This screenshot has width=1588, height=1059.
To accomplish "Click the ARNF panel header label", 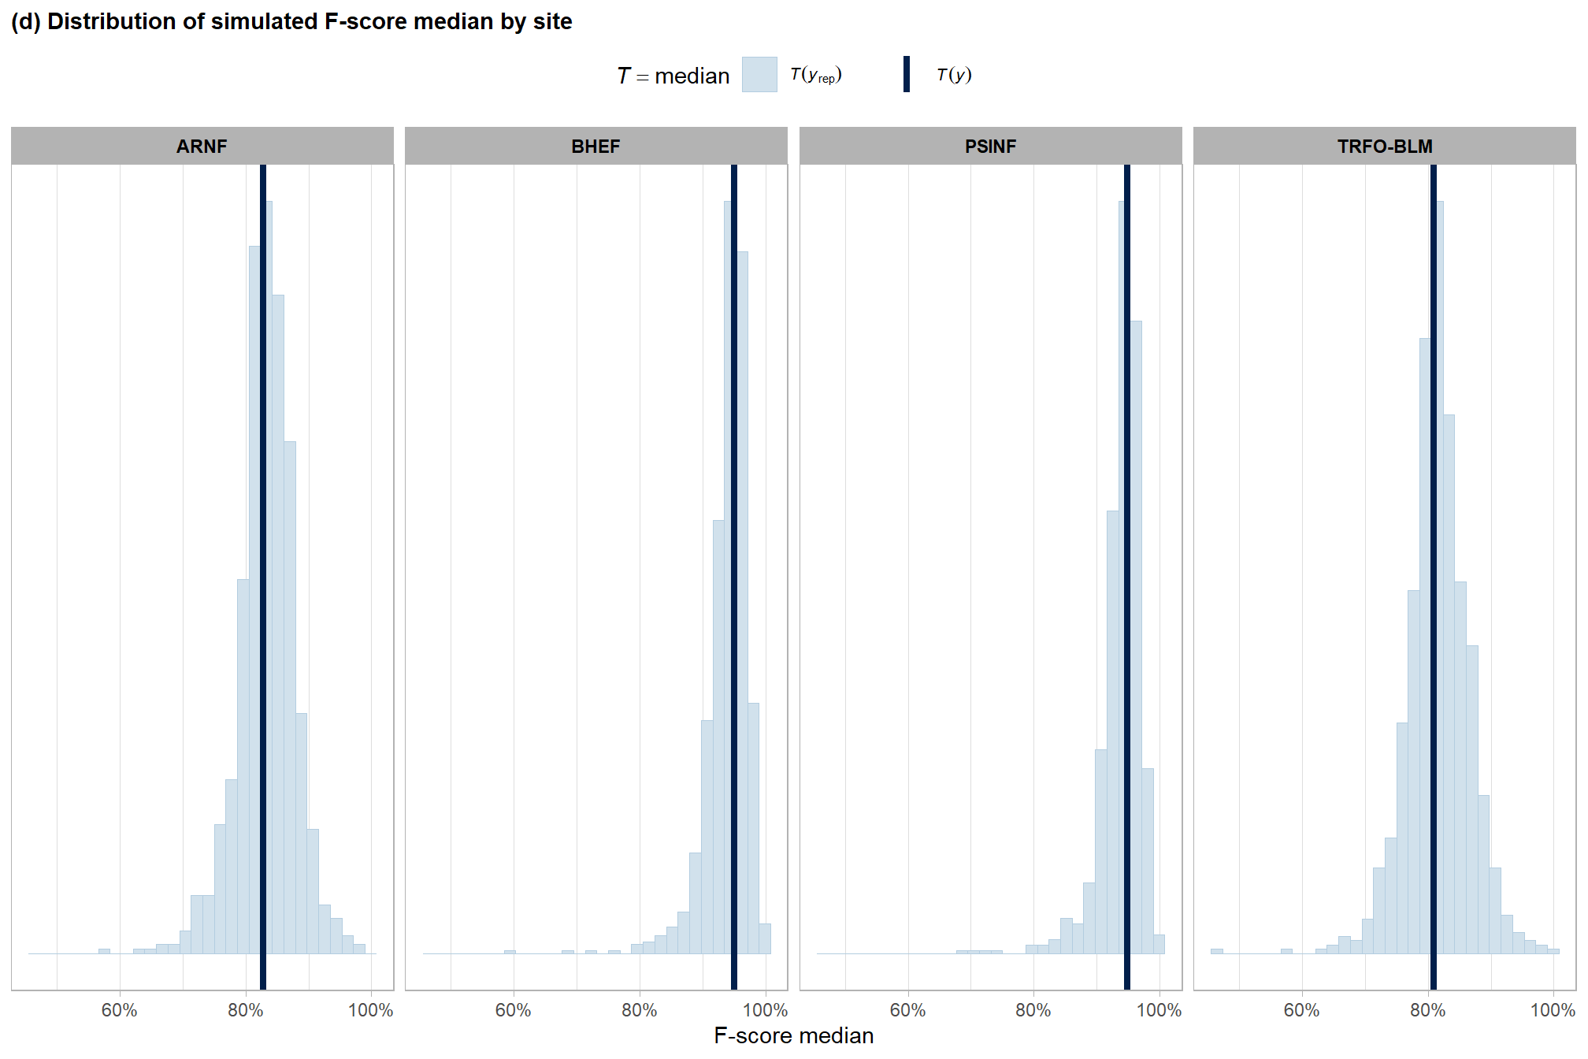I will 202,147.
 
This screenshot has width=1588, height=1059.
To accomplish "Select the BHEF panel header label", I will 595,147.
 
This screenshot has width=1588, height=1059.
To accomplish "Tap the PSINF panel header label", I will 990,147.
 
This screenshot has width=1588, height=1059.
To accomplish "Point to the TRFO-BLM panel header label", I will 1384,147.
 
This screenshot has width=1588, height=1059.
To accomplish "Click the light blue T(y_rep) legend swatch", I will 759,75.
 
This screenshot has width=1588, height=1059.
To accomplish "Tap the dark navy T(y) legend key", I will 907,75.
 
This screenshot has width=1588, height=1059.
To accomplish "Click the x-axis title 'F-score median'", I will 793,1035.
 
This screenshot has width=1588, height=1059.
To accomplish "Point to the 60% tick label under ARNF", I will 119,1010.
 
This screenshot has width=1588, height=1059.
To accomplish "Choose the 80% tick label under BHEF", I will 639,1010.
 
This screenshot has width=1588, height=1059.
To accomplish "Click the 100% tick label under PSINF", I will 1159,1010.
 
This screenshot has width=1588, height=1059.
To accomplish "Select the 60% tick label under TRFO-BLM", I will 1301,1010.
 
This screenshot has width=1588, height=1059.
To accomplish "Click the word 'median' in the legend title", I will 692,76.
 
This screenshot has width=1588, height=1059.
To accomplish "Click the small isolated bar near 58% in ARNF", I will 104,951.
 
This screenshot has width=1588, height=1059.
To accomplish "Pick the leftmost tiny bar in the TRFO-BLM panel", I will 1217,951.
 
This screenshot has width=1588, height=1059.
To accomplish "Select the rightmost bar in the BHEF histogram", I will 765,939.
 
